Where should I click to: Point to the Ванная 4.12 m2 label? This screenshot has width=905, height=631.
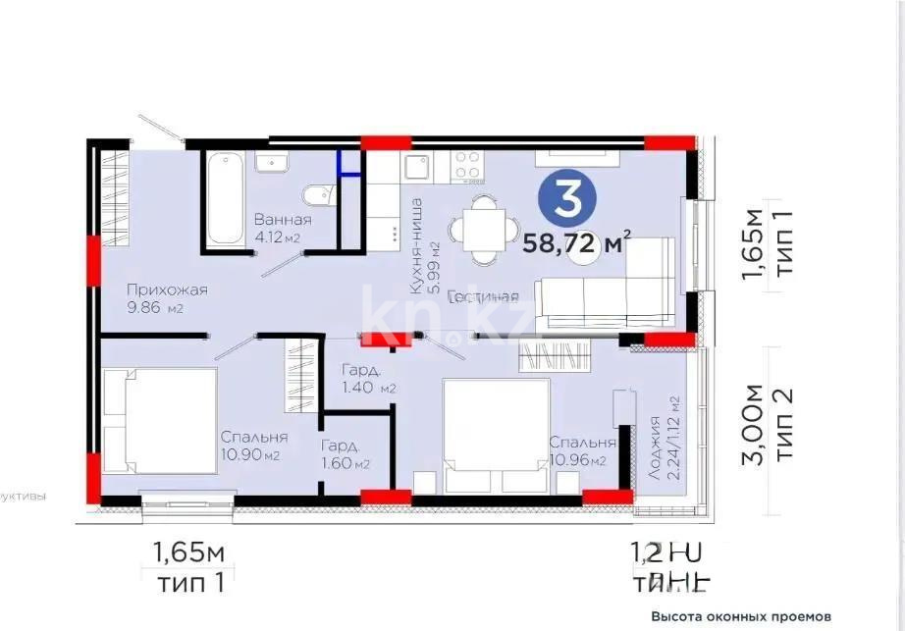click(282, 228)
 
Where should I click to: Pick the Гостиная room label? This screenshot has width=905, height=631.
click(483, 296)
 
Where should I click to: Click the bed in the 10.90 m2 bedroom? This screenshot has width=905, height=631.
click(157, 420)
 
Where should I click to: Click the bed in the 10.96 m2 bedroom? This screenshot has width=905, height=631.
click(496, 435)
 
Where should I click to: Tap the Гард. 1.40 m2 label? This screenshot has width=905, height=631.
click(368, 379)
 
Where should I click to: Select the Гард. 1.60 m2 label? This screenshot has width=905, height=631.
click(346, 453)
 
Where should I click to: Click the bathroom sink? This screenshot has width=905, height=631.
click(269, 162)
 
